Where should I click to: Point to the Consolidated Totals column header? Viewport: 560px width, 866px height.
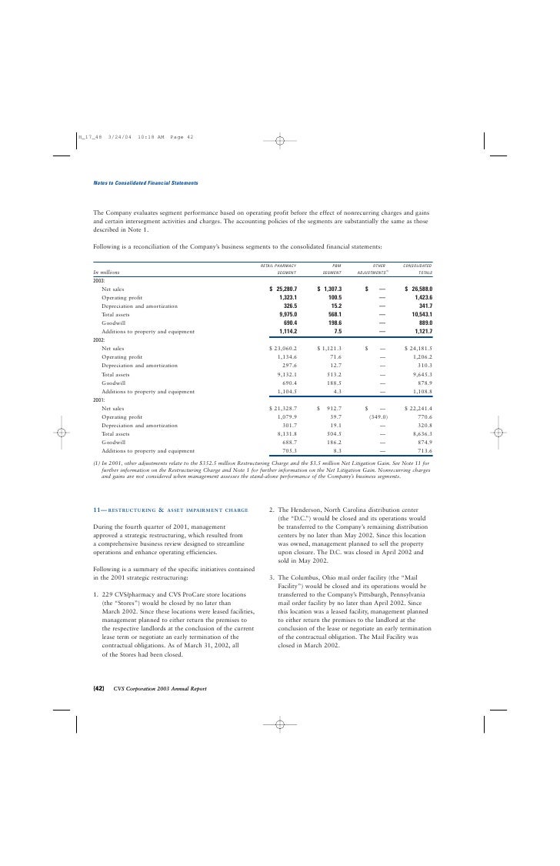[x=416, y=269]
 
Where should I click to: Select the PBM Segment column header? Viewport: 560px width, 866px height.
[x=332, y=269]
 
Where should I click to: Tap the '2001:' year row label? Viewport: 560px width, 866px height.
[x=99, y=399]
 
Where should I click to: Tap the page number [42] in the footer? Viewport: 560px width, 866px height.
[x=98, y=687]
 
